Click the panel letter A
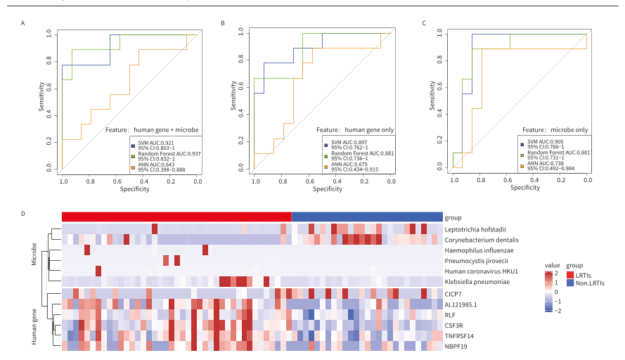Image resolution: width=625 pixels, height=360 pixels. [x=24, y=24]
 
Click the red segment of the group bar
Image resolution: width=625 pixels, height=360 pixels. [x=176, y=217]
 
